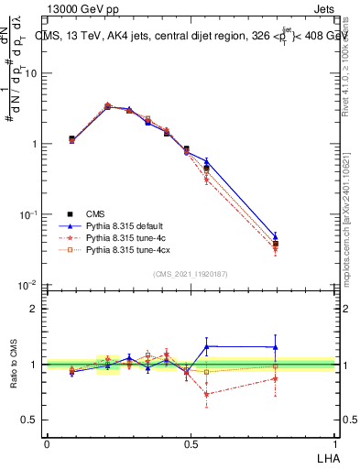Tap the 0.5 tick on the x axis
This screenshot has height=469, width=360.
point(191,443)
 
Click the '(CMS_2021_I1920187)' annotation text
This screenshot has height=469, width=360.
point(190,273)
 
